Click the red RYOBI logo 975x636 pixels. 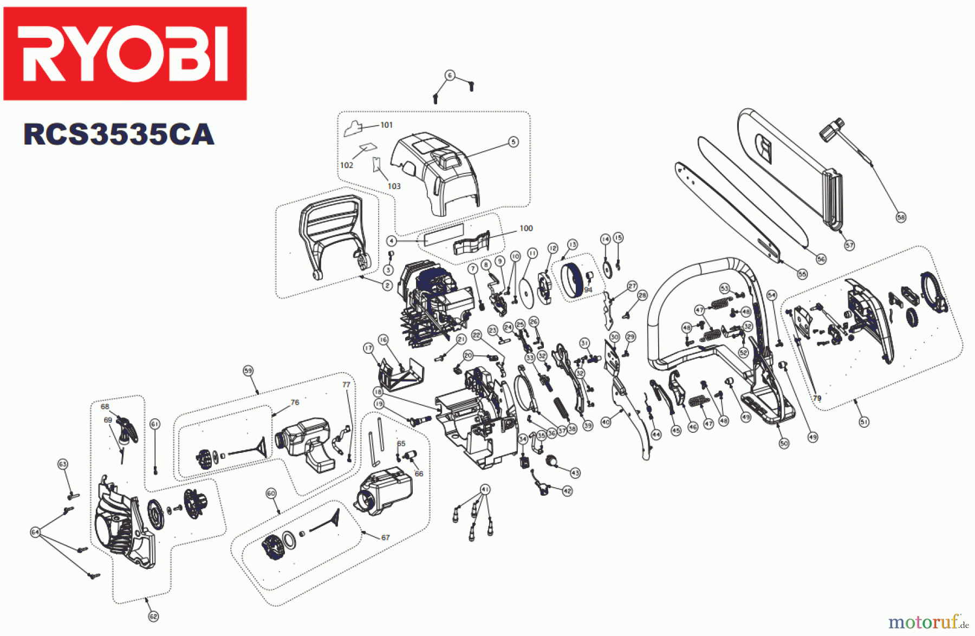point(125,53)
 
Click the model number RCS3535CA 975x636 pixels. point(119,134)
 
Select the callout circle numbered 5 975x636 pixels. point(513,142)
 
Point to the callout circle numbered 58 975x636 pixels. point(901,217)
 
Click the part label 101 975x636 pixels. point(386,125)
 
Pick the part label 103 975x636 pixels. point(394,186)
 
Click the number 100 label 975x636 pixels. point(526,228)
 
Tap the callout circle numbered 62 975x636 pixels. point(153,616)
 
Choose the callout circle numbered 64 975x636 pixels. point(35,533)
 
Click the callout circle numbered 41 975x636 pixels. point(485,489)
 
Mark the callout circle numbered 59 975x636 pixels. point(248,371)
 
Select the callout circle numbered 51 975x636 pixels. point(864,421)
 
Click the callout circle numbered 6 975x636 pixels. point(450,75)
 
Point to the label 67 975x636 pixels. point(385,537)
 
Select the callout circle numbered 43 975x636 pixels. point(575,473)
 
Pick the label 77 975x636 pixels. point(346,385)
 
